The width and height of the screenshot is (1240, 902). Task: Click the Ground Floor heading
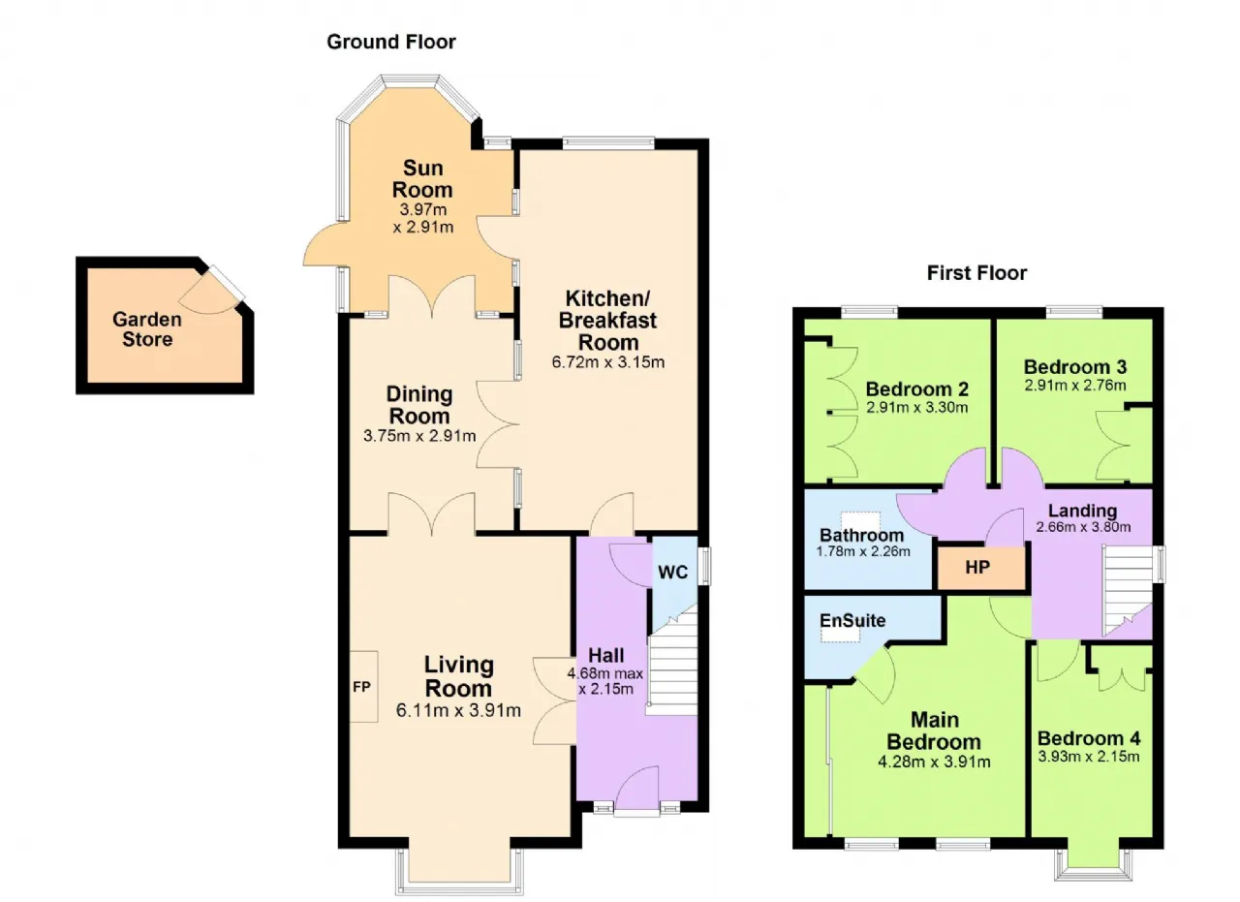coord(390,42)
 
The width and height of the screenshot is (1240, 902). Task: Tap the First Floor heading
coord(976,273)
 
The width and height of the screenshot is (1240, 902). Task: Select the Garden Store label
coord(147,328)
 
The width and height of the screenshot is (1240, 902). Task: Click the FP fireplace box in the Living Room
coord(363,687)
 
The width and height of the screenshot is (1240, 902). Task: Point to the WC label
coord(672,572)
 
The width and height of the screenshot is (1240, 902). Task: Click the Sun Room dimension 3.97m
coord(423,209)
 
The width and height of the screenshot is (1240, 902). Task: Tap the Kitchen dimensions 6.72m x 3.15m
coord(607,362)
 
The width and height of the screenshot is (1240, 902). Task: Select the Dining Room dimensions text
coord(419,436)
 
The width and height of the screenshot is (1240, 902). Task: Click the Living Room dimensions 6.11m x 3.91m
coord(458,710)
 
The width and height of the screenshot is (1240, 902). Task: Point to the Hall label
coord(606,656)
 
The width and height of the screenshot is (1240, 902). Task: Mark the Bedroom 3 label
coord(1075,366)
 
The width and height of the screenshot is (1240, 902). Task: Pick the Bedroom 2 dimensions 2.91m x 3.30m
coord(916,408)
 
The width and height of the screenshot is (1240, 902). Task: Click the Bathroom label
coord(861,536)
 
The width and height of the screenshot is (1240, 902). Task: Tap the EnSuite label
coord(852,621)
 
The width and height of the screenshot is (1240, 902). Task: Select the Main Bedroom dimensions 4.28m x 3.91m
coord(934,762)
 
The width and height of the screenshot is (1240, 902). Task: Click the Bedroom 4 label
coord(1088,738)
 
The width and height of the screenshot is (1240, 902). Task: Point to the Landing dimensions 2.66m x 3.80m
coord(1083,527)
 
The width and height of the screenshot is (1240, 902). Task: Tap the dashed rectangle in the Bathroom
coord(860,521)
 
